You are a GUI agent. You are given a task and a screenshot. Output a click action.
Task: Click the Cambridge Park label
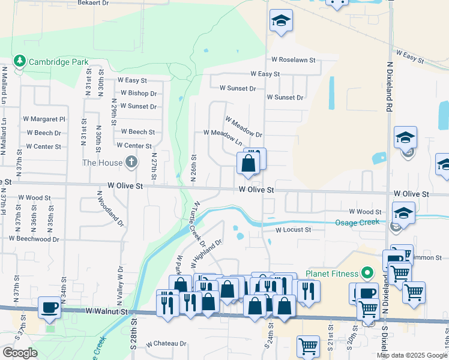pyautogui.click(x=58, y=62)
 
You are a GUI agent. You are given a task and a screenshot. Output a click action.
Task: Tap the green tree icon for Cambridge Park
pyautogui.click(x=20, y=61)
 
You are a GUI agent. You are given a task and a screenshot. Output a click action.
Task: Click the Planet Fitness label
pyautogui.click(x=332, y=274)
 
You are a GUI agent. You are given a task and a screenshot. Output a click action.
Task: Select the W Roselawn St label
pyautogui.click(x=294, y=60)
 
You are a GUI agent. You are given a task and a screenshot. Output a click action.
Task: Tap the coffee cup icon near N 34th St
pyautogui.click(x=49, y=308)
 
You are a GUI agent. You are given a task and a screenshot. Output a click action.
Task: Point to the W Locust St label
pyautogui.click(x=294, y=230)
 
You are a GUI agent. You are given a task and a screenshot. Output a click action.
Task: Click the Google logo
pyautogui.click(x=20, y=353)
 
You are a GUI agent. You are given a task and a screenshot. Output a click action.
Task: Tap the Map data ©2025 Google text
pyautogui.click(x=412, y=355)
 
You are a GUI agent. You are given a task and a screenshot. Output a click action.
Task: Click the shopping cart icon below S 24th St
pyautogui.click(x=308, y=346)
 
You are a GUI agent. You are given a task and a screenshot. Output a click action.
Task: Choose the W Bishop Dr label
pyautogui.click(x=138, y=93)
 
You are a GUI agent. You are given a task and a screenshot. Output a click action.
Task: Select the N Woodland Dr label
pyautogui.click(x=110, y=209)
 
